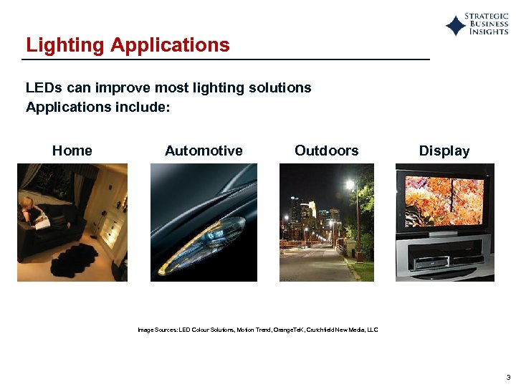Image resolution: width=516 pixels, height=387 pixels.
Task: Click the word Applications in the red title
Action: (x=170, y=45)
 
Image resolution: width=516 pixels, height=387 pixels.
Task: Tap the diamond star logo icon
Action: (x=456, y=26)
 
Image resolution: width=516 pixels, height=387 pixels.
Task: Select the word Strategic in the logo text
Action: (x=487, y=16)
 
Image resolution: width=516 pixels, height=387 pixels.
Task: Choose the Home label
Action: (x=72, y=150)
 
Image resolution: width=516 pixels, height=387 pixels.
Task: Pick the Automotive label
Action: (x=204, y=150)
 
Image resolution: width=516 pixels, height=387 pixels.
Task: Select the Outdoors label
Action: (x=326, y=150)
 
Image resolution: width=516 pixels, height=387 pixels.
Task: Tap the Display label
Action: (x=444, y=150)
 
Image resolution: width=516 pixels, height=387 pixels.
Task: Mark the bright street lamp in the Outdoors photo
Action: (x=350, y=184)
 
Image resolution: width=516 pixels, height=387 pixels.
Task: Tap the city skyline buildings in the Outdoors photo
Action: (x=308, y=215)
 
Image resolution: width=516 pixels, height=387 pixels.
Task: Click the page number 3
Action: (x=507, y=376)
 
